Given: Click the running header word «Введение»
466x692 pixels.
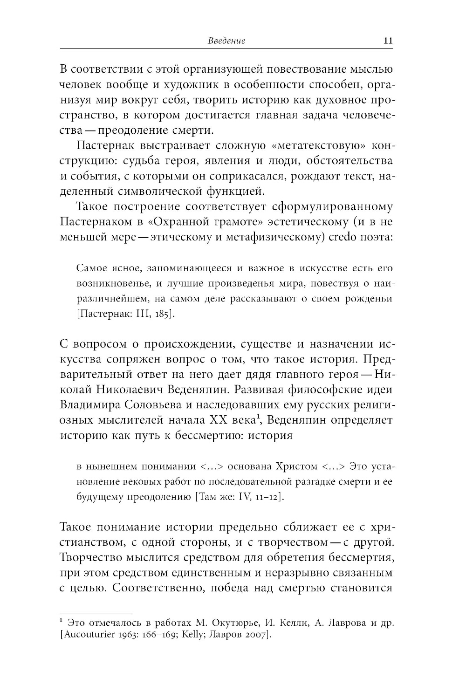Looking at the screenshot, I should coord(226,41).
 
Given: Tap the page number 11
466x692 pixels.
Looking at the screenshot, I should coord(388,41).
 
